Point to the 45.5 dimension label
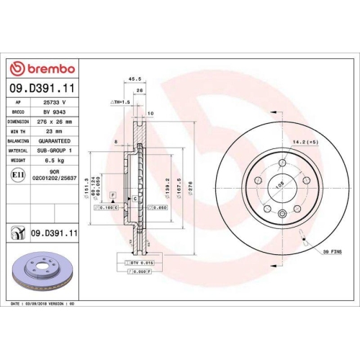[133, 81]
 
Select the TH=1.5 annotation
[120, 103]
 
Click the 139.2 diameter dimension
[168, 189]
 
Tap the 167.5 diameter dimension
[179, 189]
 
